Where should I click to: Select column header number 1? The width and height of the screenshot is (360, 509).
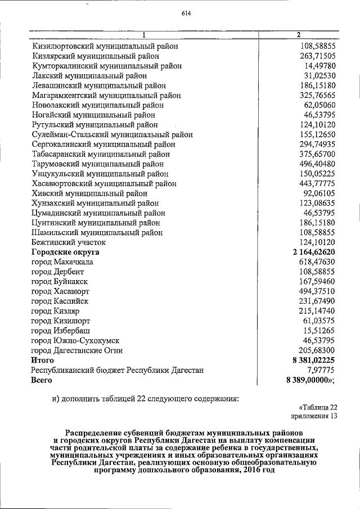[x=144, y=35]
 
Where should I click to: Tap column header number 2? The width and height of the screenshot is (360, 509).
[x=298, y=35]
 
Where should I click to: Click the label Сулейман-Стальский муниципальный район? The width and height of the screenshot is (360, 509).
[x=112, y=134]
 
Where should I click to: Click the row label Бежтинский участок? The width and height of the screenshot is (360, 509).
[x=69, y=242]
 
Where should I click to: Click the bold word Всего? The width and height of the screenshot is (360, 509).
[x=41, y=380]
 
